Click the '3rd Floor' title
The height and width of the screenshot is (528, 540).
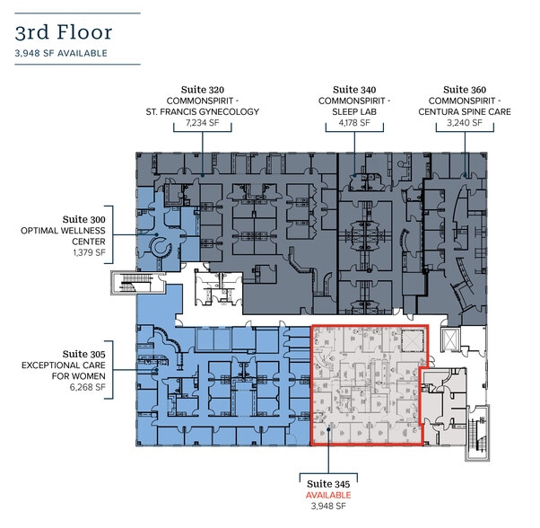(63, 32)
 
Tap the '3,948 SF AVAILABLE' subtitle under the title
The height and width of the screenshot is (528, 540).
(62, 53)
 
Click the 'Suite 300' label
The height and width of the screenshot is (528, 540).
(83, 219)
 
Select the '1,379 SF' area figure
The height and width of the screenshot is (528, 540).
(88, 253)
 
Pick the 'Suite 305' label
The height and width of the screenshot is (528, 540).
(83, 354)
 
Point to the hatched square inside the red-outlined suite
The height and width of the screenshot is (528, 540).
(411, 339)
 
